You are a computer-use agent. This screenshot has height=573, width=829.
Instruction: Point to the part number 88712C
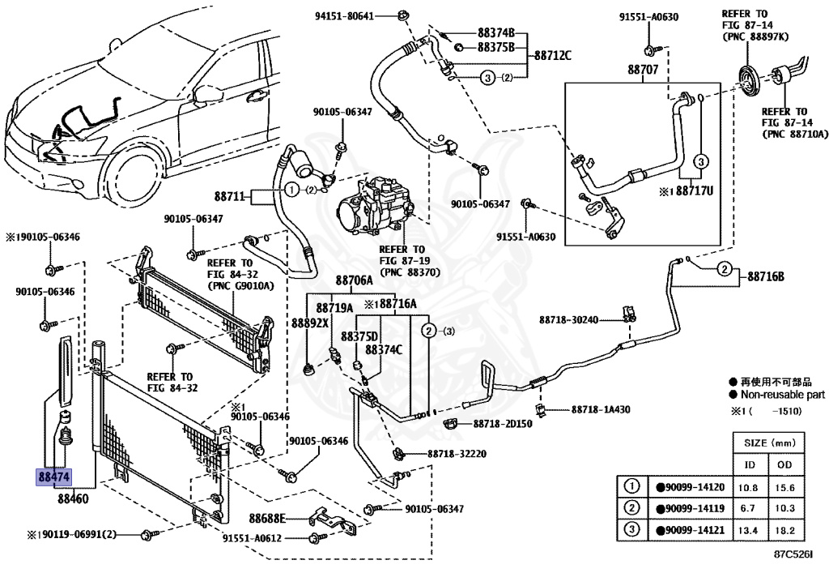pyautogui.click(x=552, y=56)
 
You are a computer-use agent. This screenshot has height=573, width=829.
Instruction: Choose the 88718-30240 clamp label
pyautogui.click(x=568, y=320)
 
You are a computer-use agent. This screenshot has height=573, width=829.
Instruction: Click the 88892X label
pyautogui.click(x=310, y=323)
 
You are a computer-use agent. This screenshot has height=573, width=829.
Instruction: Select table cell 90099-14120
pyautogui.click(x=689, y=487)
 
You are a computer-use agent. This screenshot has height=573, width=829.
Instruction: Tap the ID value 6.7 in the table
pyautogui.click(x=750, y=508)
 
